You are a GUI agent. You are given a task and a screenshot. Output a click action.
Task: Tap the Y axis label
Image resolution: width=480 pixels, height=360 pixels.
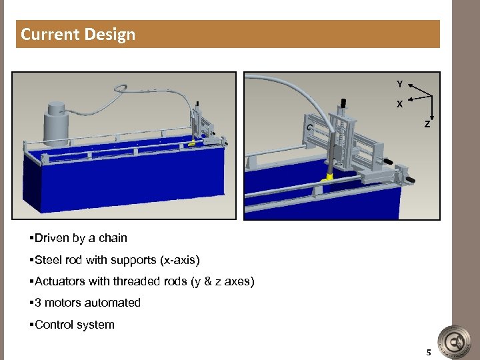399,84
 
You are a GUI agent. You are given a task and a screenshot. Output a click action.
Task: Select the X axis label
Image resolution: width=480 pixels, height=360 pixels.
399,105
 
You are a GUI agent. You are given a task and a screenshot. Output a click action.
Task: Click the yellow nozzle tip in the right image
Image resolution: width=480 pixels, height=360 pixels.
329,177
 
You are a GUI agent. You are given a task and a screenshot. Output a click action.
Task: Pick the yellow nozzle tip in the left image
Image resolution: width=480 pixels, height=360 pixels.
192,143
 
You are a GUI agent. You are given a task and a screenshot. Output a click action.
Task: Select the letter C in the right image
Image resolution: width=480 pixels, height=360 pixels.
309,128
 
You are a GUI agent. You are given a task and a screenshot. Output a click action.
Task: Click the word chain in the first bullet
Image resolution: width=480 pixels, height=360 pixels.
112,238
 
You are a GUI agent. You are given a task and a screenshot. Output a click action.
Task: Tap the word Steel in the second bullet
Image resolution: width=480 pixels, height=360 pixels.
49,260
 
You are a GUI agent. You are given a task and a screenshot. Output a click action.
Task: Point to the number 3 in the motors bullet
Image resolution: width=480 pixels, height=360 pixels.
38,303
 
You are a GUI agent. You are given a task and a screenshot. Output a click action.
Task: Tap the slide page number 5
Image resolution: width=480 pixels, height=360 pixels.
429,352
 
